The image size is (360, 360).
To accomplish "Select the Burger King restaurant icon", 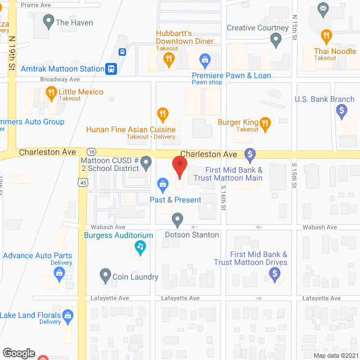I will [x=266, y=122].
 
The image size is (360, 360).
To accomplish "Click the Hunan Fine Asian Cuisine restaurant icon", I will [x=163, y=115].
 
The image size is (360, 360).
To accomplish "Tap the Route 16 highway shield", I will [x=91, y=152].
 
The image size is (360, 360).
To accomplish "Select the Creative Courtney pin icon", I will [x=276, y=39].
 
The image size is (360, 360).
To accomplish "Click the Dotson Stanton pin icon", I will [x=178, y=219].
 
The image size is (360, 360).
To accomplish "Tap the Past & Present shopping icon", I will [x=163, y=183].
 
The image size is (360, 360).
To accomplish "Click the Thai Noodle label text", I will [x=335, y=51].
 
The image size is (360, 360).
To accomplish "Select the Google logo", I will [x=19, y=353].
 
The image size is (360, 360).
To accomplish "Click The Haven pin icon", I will [x=46, y=23].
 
